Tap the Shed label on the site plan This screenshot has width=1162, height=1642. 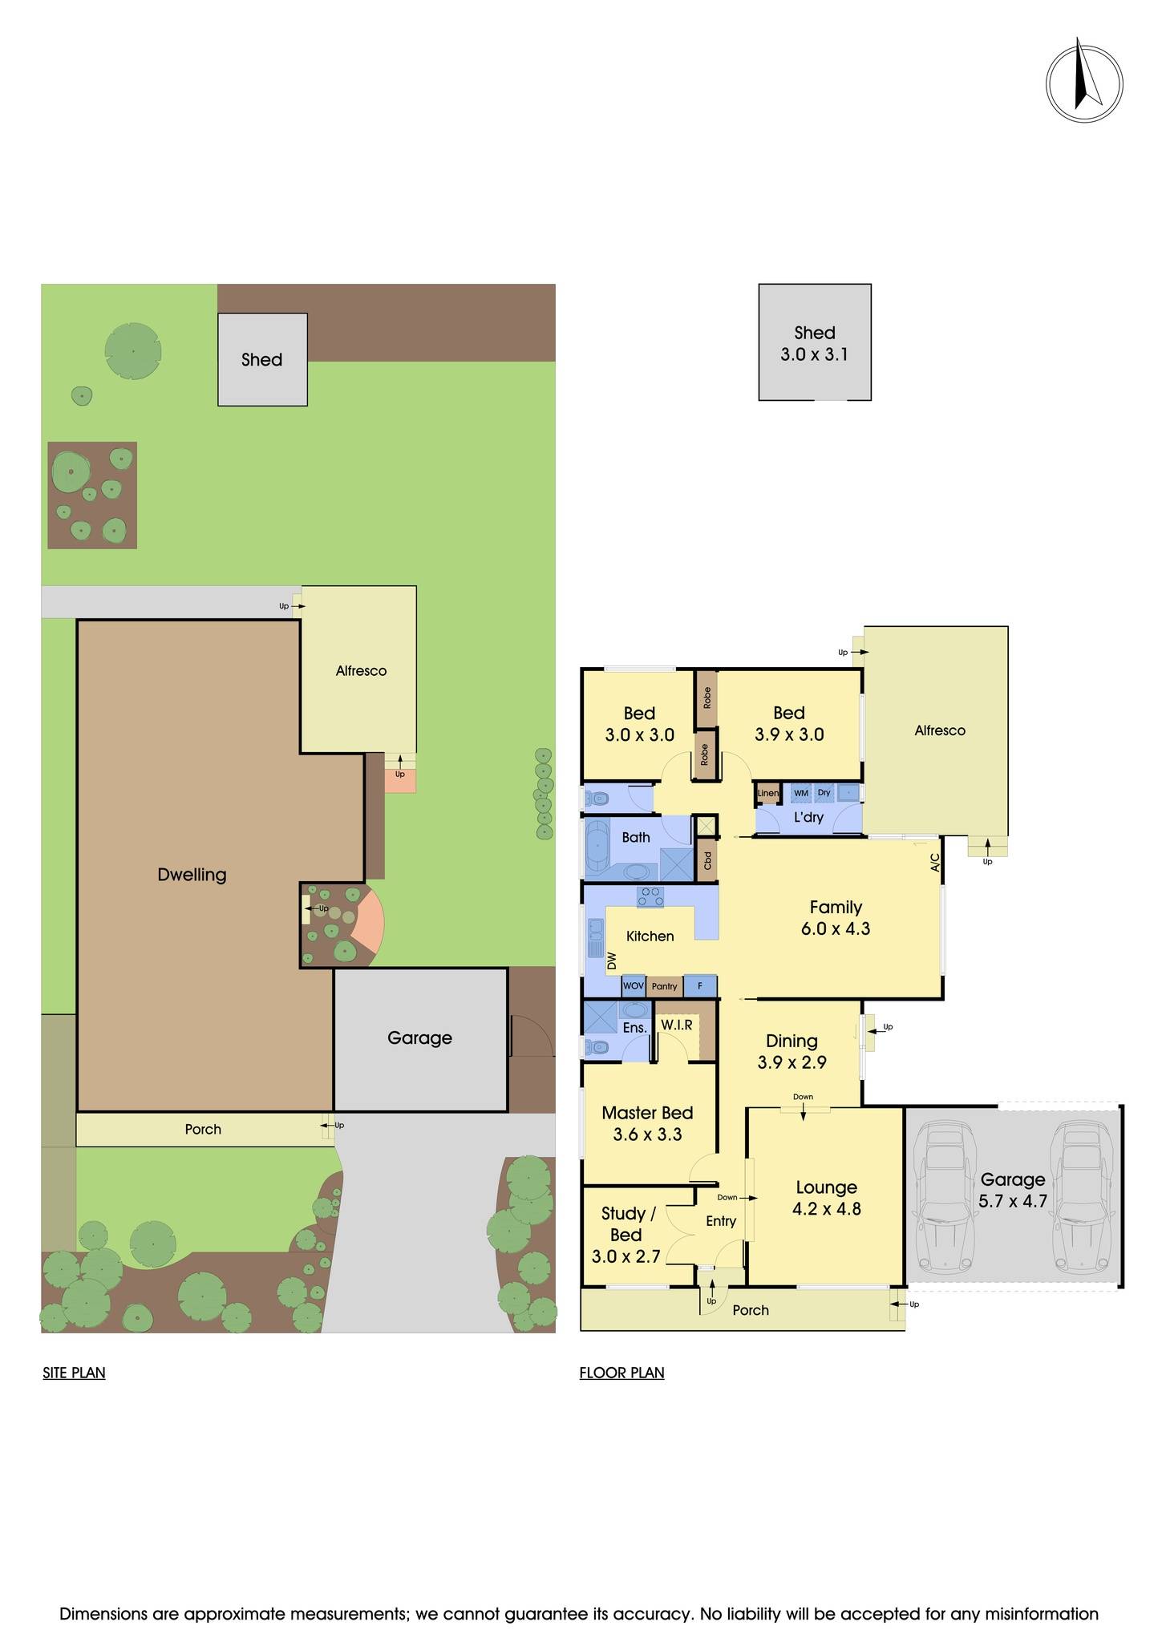(x=262, y=360)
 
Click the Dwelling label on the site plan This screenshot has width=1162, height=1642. (x=192, y=875)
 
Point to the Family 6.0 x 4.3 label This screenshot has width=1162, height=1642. (x=835, y=918)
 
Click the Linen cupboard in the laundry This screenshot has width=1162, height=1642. (x=767, y=793)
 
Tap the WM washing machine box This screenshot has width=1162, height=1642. (x=800, y=793)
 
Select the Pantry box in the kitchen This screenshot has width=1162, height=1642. (x=664, y=986)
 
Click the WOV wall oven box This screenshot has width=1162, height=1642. (x=633, y=986)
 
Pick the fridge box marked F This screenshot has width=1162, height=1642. (x=700, y=986)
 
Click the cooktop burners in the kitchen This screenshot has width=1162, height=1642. (x=650, y=896)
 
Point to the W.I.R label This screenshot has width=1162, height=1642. (x=676, y=1025)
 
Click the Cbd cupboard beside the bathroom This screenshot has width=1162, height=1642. (x=707, y=860)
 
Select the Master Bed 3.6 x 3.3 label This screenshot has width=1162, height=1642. (x=647, y=1123)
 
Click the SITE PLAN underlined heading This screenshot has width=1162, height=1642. (x=74, y=1373)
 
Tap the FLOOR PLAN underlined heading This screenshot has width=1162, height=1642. (x=621, y=1373)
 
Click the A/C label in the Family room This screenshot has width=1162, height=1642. (x=934, y=863)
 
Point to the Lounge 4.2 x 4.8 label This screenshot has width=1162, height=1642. (x=826, y=1198)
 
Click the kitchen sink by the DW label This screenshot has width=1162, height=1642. (x=596, y=938)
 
